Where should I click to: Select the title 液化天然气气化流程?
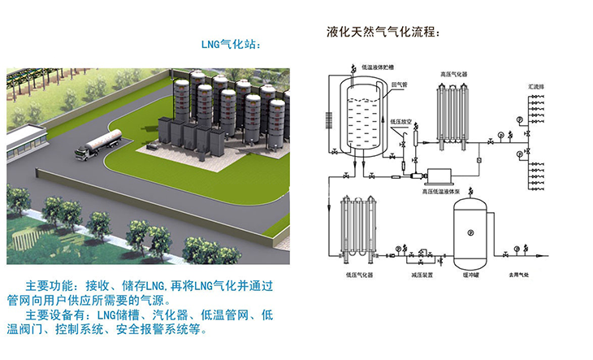coord(382,33)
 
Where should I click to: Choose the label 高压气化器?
coord(452,73)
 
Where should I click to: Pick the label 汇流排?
coord(536,84)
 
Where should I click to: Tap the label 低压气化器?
coord(358,275)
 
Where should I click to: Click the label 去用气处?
coord(519,275)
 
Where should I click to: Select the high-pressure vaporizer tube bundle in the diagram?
coord(450,114)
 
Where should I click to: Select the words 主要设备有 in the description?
coord(57,315)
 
